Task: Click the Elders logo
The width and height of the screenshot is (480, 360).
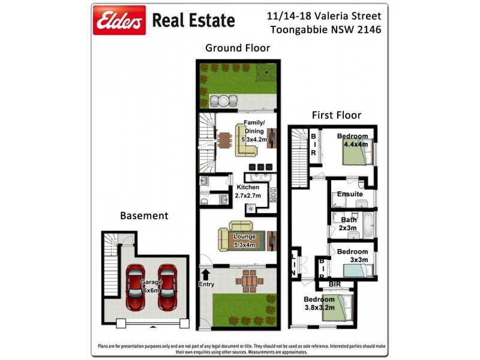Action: pos(119,21)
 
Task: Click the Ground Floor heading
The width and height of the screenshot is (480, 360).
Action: pos(238,48)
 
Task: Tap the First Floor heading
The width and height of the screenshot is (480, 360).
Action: pos(336,115)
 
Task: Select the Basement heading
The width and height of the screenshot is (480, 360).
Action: pos(144,215)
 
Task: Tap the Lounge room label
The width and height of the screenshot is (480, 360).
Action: pos(244,241)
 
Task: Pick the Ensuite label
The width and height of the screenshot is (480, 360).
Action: pos(350,194)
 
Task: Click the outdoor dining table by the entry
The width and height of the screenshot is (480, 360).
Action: pos(247,280)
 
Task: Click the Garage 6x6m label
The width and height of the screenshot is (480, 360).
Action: pos(151,286)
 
